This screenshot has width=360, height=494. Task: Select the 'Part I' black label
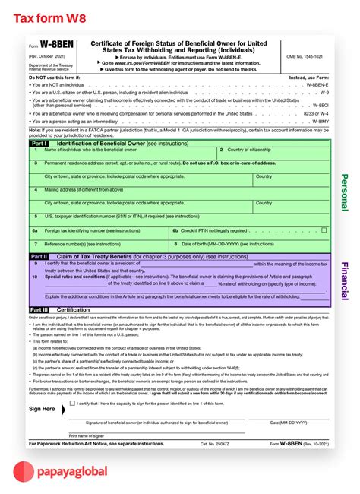coord(39,143)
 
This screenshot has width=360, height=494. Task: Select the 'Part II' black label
coord(39,257)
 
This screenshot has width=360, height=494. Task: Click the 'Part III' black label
coord(40,310)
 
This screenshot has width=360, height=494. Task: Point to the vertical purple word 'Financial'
coord(344,280)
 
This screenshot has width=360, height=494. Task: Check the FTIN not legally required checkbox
coord(324,230)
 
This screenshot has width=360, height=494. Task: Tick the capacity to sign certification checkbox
coord(72,403)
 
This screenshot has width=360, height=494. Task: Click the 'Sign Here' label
coord(42,409)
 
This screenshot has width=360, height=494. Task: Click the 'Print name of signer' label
coord(86,435)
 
